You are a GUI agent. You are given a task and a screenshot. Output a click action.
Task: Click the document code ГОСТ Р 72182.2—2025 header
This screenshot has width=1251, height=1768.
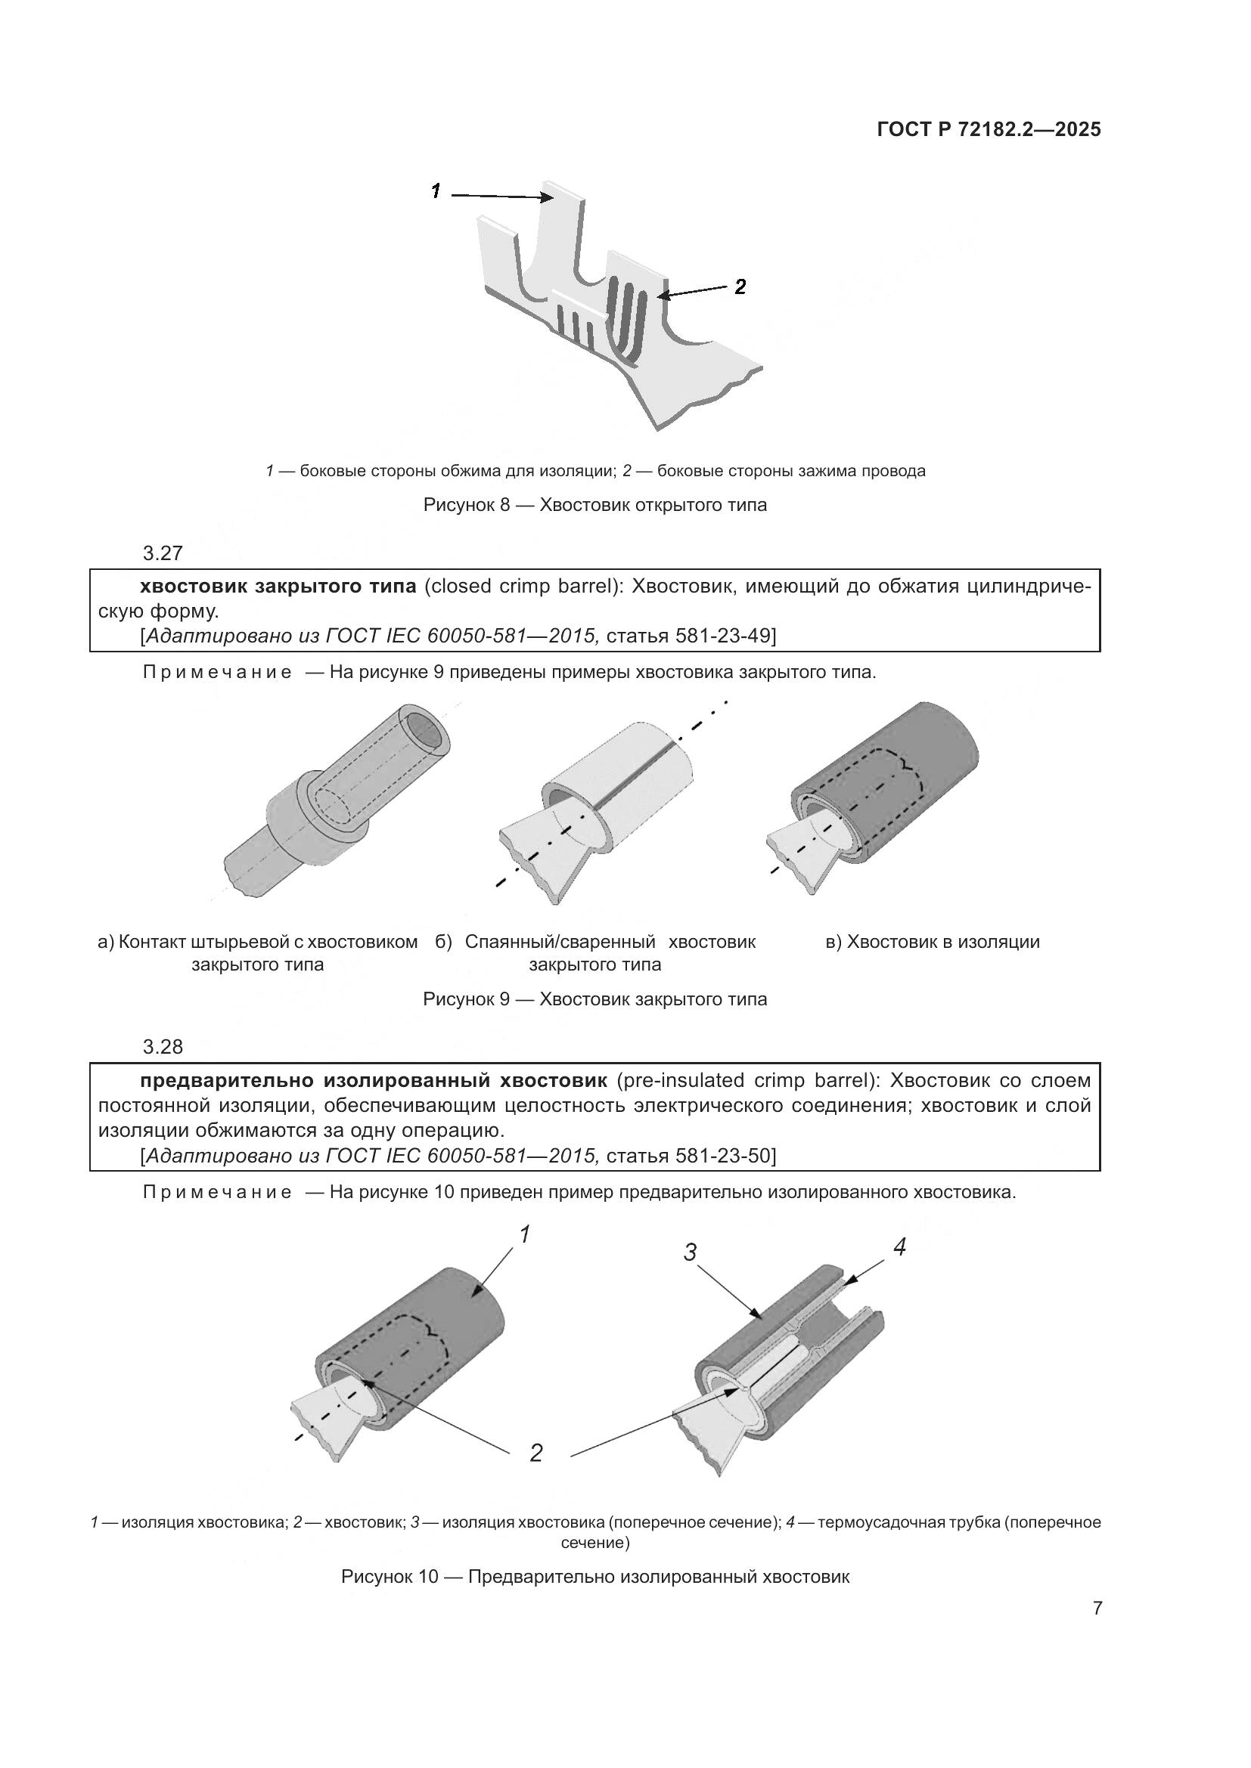[x=989, y=129]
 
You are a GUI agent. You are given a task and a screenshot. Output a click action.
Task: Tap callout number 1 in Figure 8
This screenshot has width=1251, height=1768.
[x=436, y=191]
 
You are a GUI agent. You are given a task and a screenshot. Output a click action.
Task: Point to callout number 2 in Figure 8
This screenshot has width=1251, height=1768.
[x=740, y=286]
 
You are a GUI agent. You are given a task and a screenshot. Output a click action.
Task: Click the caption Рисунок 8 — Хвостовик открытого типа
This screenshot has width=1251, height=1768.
[x=594, y=506]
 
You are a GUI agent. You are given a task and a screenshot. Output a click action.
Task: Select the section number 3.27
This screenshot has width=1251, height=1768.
[x=163, y=553]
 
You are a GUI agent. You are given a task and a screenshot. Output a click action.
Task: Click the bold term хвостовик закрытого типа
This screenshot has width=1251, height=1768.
[x=278, y=587]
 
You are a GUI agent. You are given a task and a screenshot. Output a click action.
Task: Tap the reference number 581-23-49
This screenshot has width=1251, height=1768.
[x=723, y=636]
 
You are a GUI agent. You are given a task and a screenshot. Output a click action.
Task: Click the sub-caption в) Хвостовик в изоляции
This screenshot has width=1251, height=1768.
[x=932, y=942]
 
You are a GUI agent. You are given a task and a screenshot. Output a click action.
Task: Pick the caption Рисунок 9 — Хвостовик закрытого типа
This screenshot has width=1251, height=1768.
[x=594, y=999]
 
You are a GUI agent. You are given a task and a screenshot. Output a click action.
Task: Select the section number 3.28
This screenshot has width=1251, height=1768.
[x=163, y=1046]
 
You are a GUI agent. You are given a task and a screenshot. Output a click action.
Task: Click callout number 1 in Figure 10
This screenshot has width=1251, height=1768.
[x=525, y=1235]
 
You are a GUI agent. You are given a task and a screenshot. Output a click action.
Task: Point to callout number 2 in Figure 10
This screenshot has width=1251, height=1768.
[x=536, y=1453]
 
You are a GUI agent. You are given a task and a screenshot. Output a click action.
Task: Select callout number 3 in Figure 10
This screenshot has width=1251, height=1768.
[x=691, y=1252]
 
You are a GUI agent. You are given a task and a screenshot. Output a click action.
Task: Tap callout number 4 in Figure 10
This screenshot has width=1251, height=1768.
[x=899, y=1246]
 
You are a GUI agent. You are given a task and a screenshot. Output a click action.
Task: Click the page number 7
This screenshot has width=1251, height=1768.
[x=1097, y=1609]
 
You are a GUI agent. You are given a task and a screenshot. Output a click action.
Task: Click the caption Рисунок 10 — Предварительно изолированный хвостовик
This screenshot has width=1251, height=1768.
[x=594, y=1576]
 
